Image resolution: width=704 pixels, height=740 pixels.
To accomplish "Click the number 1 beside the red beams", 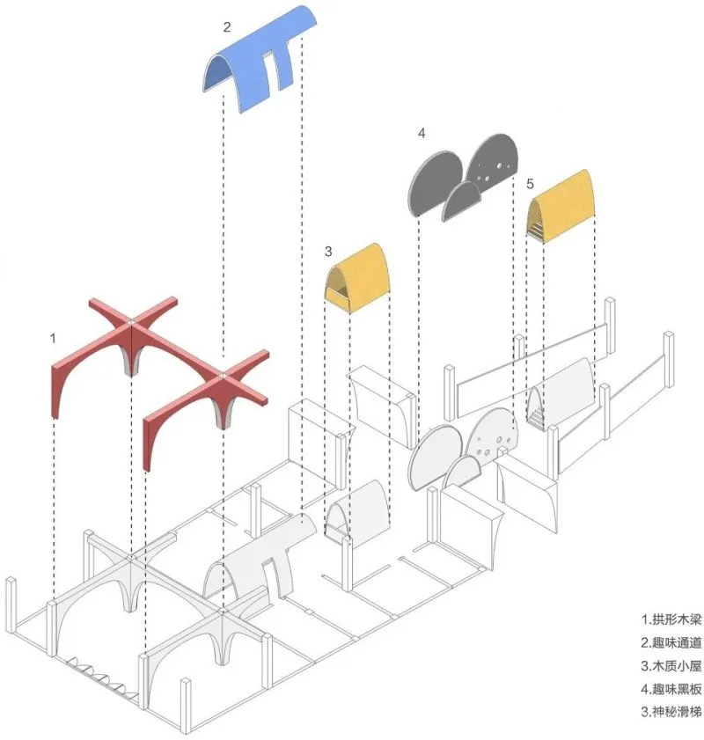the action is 53,339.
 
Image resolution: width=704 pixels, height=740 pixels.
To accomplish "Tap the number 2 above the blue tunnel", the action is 227,27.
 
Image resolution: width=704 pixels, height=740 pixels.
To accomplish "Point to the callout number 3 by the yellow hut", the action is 328,252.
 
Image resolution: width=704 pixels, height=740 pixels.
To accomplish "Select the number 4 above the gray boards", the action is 422,134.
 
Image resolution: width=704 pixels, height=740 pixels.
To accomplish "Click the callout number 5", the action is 530,184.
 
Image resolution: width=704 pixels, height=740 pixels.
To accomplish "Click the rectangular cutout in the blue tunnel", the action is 269,70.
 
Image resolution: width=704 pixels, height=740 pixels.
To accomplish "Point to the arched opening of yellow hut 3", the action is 338,282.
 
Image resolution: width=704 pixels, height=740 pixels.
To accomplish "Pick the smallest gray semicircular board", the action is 461,201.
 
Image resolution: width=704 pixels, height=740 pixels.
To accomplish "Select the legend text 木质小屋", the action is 677,665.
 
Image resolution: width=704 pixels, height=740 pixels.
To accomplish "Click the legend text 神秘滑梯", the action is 677,711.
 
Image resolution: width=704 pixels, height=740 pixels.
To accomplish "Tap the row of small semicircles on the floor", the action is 101,678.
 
